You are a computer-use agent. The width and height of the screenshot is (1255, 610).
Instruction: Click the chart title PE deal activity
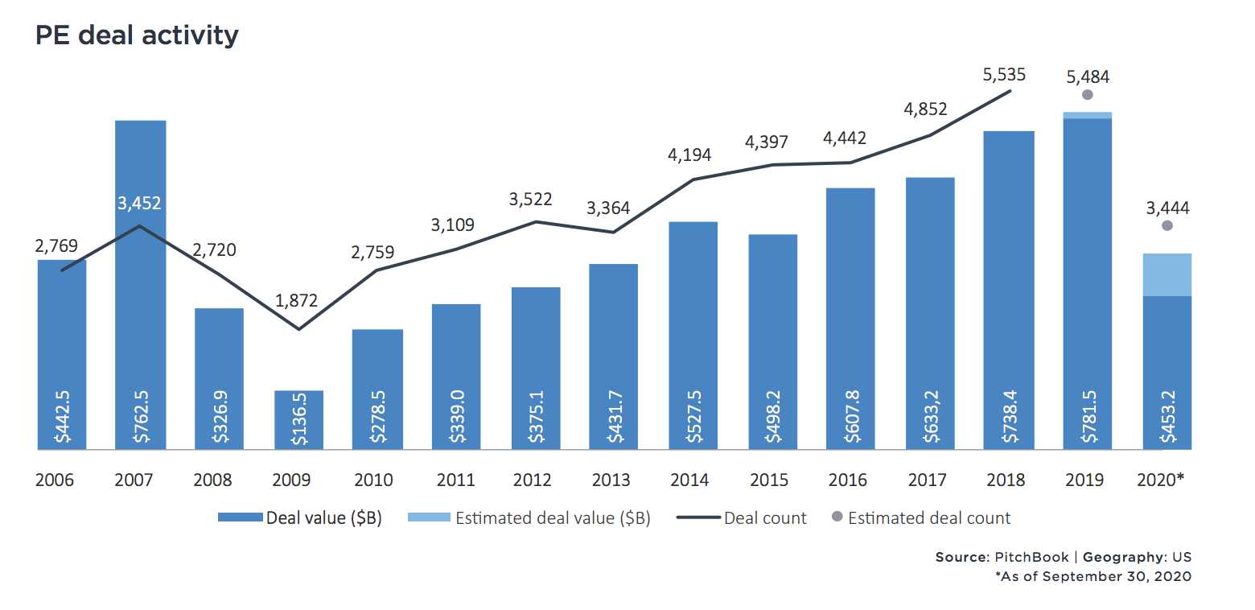coord(137,36)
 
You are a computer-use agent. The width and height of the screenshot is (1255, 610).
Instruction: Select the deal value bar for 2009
coord(298,419)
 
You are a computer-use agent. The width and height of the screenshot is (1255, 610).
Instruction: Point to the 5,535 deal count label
coord(1004,75)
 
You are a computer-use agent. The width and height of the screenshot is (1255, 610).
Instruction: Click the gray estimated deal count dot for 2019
coord(1087,95)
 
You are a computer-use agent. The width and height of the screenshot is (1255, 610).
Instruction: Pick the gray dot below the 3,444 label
coord(1167,226)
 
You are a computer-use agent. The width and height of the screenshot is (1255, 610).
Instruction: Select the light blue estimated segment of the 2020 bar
coord(1167,274)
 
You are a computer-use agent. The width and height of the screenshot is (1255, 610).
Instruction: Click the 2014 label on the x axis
coord(690,480)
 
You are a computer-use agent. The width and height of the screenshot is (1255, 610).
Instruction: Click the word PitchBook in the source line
coord(1032,557)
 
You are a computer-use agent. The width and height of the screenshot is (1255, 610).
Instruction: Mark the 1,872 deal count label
coord(297,302)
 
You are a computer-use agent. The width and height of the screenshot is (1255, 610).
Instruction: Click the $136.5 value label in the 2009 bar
coord(299,419)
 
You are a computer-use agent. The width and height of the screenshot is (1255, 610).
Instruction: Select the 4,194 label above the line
coord(689,155)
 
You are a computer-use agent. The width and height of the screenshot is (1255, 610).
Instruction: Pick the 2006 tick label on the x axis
coord(55,480)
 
